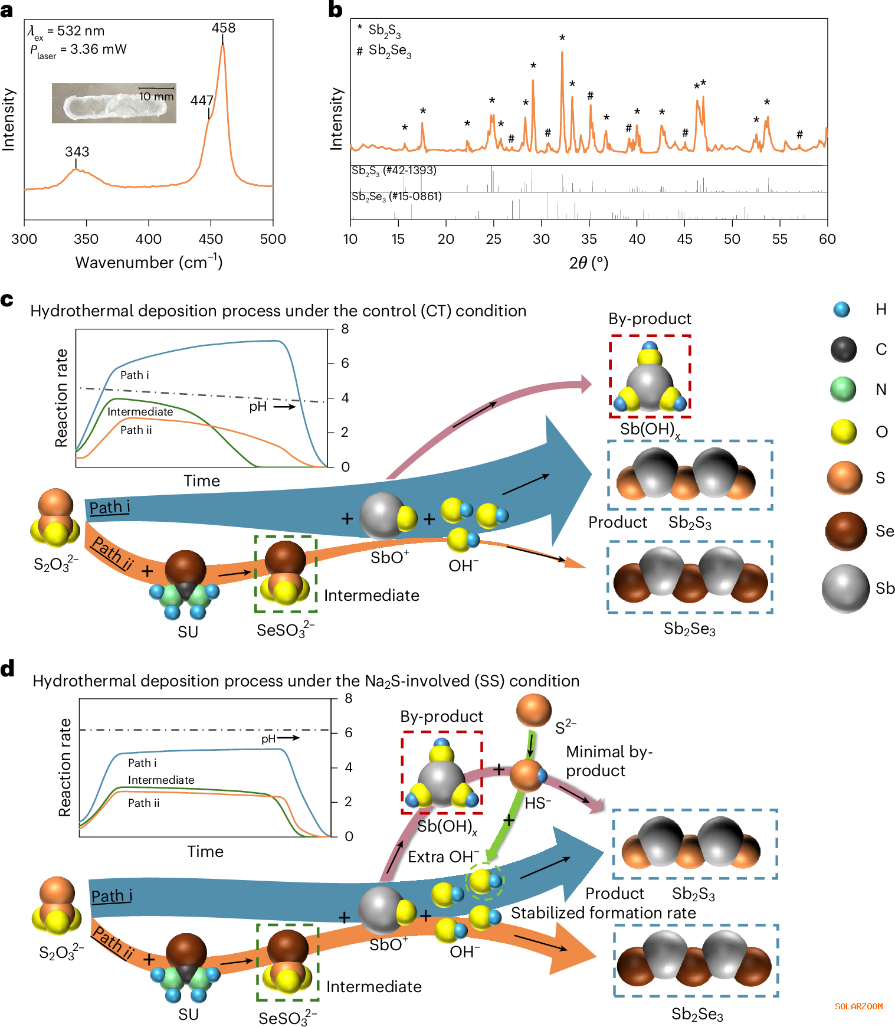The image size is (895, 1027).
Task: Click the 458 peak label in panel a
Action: pyautogui.click(x=224, y=28)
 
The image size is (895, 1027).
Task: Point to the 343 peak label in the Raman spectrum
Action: pyautogui.click(x=77, y=152)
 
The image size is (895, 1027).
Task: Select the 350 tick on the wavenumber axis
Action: pyautogui.click(x=86, y=239)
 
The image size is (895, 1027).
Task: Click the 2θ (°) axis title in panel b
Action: pyautogui.click(x=588, y=263)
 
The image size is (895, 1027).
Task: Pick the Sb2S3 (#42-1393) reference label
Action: pyautogui.click(x=394, y=171)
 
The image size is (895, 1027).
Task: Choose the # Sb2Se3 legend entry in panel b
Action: pyautogui.click(x=384, y=51)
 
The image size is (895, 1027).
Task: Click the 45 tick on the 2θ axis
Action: pyautogui.click(x=684, y=239)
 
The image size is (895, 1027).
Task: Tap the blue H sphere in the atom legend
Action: pyautogui.click(x=842, y=309)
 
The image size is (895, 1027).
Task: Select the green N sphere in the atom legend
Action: pyautogui.click(x=843, y=390)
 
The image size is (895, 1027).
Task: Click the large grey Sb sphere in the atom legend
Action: pyautogui.click(x=845, y=588)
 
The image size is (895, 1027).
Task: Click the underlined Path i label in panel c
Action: pyautogui.click(x=109, y=508)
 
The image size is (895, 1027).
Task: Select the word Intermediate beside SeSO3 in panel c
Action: pyautogui.click(x=372, y=596)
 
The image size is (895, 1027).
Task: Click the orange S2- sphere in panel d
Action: pyautogui.click(x=533, y=711)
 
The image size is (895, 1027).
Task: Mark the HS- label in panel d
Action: pyautogui.click(x=538, y=803)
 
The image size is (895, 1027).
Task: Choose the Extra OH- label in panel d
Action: pyautogui.click(x=443, y=856)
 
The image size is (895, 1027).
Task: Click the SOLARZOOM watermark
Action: pyautogui.click(x=858, y=1006)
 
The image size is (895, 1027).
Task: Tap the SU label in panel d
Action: pyautogui.click(x=188, y=1014)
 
